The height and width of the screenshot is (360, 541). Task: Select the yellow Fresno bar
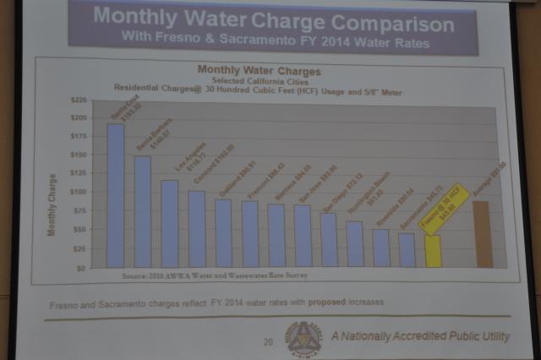tap(433, 252)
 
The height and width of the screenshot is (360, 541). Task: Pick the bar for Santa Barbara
tap(143, 212)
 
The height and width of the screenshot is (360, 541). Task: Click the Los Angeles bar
tap(170, 224)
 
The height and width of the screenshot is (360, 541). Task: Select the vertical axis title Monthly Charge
tap(52, 205)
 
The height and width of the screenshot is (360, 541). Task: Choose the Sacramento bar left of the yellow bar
tap(407, 250)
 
